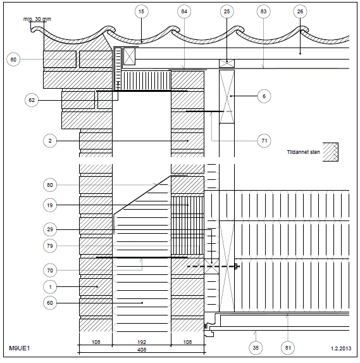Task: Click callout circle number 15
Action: [141, 11]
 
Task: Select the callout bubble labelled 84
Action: [184, 11]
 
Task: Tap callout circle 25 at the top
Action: [227, 11]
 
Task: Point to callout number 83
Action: [264, 11]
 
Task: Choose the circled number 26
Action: [300, 11]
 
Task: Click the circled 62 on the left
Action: [32, 100]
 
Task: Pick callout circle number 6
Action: [264, 96]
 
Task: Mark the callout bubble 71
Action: [264, 141]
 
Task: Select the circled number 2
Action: [50, 141]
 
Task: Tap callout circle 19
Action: [50, 205]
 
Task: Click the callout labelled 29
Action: [50, 229]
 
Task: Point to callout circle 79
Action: [50, 246]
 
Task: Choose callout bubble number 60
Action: [50, 303]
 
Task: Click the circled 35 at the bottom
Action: [256, 348]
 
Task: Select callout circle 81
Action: [288, 348]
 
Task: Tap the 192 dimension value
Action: [142, 342]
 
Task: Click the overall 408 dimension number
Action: [142, 350]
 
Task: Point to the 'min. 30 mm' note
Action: [37, 19]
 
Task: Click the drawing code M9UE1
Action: [20, 348]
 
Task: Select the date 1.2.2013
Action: [341, 348]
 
